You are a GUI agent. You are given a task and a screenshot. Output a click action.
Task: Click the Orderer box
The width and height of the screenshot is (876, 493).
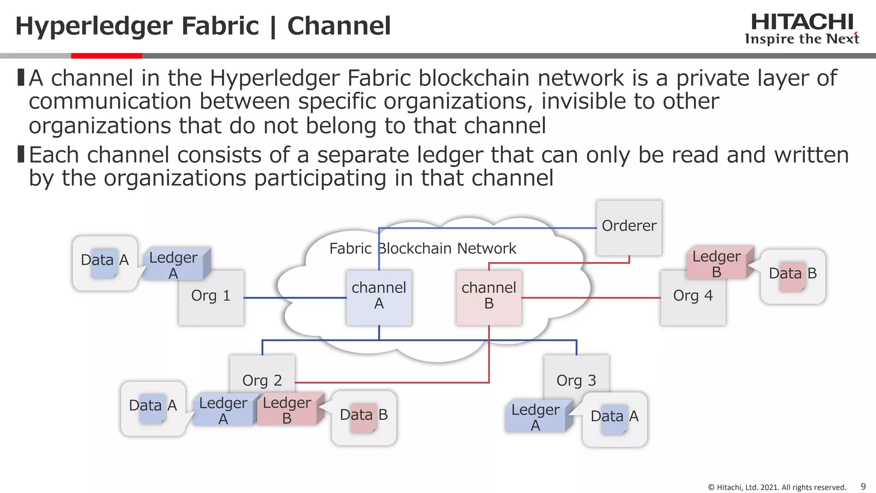(629, 227)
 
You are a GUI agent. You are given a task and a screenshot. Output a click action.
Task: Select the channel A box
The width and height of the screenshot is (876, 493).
(379, 297)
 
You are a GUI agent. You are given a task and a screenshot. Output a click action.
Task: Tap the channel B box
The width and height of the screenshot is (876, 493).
(489, 297)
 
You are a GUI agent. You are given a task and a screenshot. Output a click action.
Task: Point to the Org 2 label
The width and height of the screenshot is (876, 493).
(262, 380)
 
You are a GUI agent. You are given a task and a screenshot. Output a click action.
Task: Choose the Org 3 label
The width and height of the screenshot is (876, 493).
(576, 380)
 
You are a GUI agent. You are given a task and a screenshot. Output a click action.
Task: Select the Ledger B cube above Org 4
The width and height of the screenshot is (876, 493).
(716, 264)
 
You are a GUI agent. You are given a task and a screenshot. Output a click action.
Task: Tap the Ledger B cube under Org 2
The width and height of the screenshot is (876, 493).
(287, 410)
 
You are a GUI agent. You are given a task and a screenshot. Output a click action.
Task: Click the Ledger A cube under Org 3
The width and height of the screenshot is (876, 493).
(536, 417)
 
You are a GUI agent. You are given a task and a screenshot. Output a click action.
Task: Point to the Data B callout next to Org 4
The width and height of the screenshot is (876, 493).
(793, 276)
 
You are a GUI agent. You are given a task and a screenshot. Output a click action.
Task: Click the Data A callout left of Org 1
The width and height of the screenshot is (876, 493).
(105, 262)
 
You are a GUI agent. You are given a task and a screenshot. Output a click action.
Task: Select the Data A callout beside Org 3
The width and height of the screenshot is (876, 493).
(614, 419)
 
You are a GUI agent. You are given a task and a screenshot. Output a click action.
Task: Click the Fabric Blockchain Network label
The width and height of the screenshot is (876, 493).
(423, 248)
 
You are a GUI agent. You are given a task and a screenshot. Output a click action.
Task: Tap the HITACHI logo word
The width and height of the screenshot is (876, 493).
(802, 22)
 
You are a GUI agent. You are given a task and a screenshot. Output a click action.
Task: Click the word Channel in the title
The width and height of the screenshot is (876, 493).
(339, 26)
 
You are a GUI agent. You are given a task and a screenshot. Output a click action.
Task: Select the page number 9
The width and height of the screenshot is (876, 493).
(863, 486)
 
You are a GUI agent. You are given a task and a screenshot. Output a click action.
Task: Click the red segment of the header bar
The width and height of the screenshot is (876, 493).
(106, 56)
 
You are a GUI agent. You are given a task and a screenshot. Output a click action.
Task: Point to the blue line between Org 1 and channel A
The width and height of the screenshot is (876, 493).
(295, 297)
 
